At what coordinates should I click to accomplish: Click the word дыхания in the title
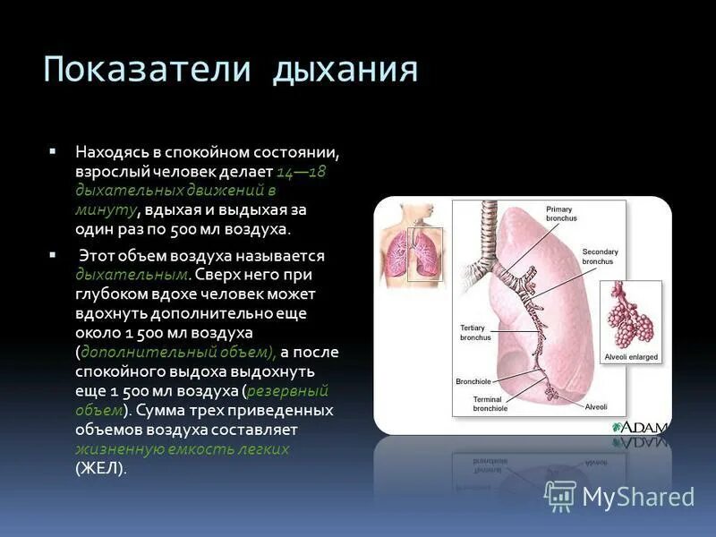point(345,68)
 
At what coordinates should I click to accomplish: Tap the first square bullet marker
point(54,151)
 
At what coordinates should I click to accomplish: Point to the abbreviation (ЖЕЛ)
point(101,468)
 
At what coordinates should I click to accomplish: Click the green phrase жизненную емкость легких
point(183,449)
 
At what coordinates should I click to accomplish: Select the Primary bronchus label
point(560,213)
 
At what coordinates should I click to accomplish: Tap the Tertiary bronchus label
point(475,333)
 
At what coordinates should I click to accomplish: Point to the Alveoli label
point(596,407)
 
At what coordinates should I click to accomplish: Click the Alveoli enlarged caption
point(631,356)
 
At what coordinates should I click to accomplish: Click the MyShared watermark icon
point(559,496)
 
